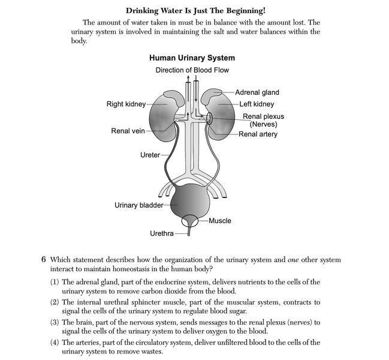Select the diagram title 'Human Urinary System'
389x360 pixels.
pyautogui.click(x=192, y=58)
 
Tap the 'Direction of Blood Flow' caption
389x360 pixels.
pyautogui.click(x=192, y=70)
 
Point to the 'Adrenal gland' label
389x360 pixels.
pyautogui.click(x=257, y=92)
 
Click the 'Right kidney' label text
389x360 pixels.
pyautogui.click(x=126, y=104)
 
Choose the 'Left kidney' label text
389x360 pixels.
pyautogui.click(x=258, y=104)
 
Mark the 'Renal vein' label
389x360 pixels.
pyautogui.click(x=128, y=131)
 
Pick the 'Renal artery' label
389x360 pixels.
pyautogui.click(x=258, y=134)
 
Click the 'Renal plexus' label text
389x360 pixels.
pyautogui.click(x=263, y=116)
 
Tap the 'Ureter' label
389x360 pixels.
pyautogui.click(x=150, y=155)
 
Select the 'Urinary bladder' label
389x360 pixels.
pyautogui.click(x=138, y=206)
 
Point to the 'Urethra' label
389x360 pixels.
pyautogui.click(x=161, y=233)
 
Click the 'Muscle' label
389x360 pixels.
pyautogui.click(x=219, y=221)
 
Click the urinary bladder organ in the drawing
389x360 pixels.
pyautogui.click(x=192, y=201)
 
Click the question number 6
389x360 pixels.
pyautogui.click(x=44, y=260)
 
